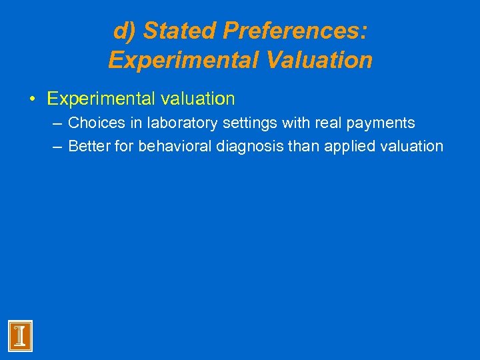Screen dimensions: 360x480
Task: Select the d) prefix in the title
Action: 125,31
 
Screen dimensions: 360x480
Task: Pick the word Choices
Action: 93,123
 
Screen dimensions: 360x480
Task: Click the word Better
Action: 89,146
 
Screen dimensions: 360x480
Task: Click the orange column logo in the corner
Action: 20,336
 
